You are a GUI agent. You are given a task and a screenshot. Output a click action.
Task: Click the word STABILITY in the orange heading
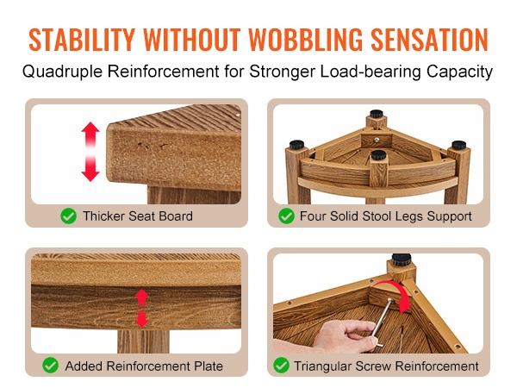(x=82, y=40)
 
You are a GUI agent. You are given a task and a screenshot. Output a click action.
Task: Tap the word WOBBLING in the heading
(x=305, y=40)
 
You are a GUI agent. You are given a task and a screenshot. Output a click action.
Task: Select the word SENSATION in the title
(x=429, y=40)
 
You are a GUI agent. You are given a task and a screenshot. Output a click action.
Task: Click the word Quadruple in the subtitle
(x=62, y=72)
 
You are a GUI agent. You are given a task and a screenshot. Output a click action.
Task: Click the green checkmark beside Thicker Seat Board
(x=69, y=216)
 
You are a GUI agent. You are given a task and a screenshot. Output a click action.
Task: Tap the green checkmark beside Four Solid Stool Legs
(x=286, y=216)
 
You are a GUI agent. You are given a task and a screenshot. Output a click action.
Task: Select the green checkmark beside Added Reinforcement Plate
(x=51, y=366)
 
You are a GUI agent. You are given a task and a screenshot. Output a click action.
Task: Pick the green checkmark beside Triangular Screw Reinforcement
(x=281, y=366)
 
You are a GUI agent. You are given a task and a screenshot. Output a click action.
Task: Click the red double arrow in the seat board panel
(x=90, y=152)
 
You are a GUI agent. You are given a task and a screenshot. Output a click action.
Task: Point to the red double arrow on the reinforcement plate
(x=142, y=309)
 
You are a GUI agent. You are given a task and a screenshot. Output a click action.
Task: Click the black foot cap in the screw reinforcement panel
(x=402, y=259)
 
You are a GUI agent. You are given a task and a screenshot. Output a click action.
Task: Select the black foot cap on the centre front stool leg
(x=378, y=154)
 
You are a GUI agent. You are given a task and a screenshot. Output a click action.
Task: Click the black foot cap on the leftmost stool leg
(x=296, y=145)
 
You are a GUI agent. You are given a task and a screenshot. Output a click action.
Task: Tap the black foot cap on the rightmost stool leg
(x=458, y=145)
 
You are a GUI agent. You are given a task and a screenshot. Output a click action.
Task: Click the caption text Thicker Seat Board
(x=138, y=216)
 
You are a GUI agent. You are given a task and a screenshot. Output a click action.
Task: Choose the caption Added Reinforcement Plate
(x=144, y=366)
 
